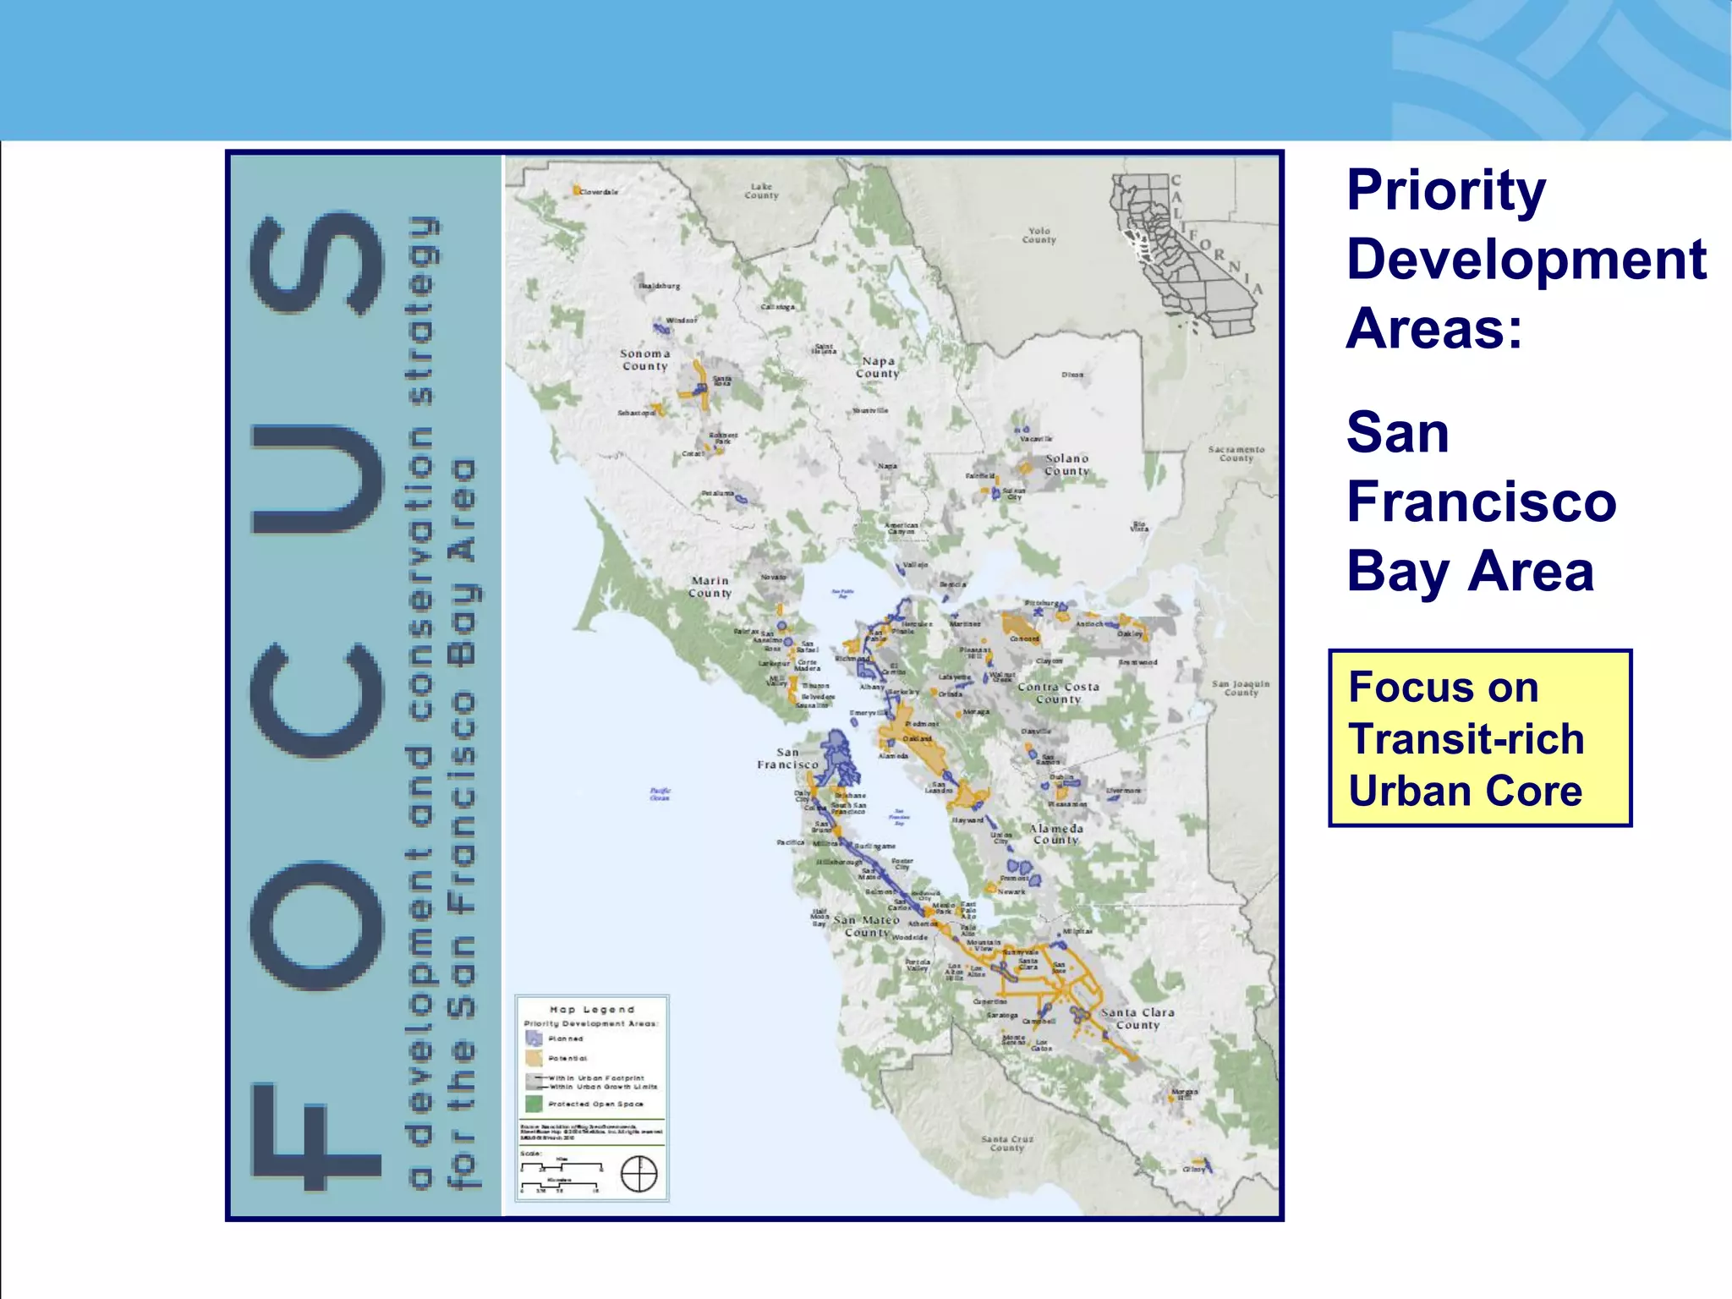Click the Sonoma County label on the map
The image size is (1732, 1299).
pos(645,360)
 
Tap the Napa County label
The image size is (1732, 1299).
pos(878,367)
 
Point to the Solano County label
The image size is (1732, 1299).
pos(1067,464)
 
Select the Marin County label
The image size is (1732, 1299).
pos(710,587)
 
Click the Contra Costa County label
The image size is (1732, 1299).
pos(1058,693)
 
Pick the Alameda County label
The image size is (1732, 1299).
pos(1056,834)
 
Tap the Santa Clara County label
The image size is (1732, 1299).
pos(1137,1018)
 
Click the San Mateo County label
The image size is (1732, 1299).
pos(867,926)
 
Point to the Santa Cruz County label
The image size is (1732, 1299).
pos(1007,1143)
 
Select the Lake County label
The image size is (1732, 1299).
pos(761,191)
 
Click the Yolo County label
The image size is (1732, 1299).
pos(1039,235)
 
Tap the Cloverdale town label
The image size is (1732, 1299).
pos(598,192)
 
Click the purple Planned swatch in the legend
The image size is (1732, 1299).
pos(534,1039)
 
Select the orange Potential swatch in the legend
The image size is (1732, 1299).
pos(534,1058)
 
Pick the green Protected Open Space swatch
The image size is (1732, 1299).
pos(534,1104)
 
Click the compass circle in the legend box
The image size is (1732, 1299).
pos(639,1174)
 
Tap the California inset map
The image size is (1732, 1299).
pos(1184,254)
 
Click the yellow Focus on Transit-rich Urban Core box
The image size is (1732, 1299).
pos(1480,738)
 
